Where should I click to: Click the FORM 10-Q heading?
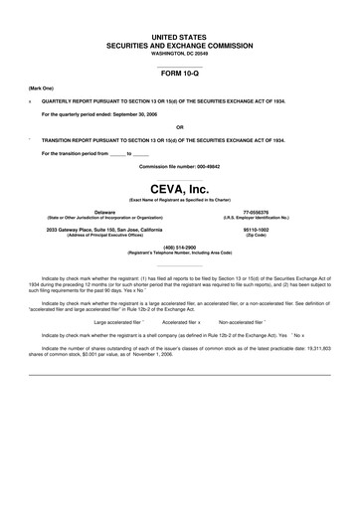click(x=179, y=74)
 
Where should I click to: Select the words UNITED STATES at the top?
click(x=179, y=37)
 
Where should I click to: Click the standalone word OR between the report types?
click(x=179, y=127)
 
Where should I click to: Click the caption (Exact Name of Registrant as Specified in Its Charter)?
click(x=179, y=200)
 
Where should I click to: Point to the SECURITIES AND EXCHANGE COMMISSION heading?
click(x=179, y=45)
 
